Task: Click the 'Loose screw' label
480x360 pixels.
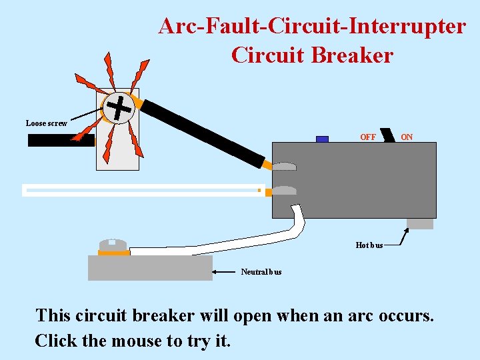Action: click(46, 123)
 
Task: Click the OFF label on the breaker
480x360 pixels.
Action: click(367, 137)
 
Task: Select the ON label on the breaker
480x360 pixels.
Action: click(407, 137)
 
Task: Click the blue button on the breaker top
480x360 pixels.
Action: click(322, 139)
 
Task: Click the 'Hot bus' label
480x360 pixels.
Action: click(369, 245)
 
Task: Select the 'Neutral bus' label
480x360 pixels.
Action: click(261, 271)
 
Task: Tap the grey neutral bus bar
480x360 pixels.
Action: click(150, 268)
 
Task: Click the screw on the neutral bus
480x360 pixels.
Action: click(113, 245)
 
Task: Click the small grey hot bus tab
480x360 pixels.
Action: click(420, 223)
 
